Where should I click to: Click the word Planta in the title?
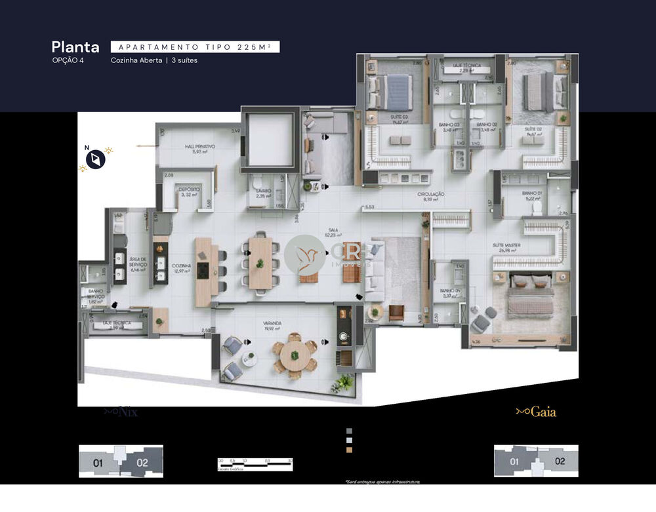click(x=75, y=47)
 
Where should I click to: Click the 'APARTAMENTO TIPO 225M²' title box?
click(x=195, y=47)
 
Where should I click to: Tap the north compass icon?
click(x=96, y=159)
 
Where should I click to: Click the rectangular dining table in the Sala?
click(x=260, y=263)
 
